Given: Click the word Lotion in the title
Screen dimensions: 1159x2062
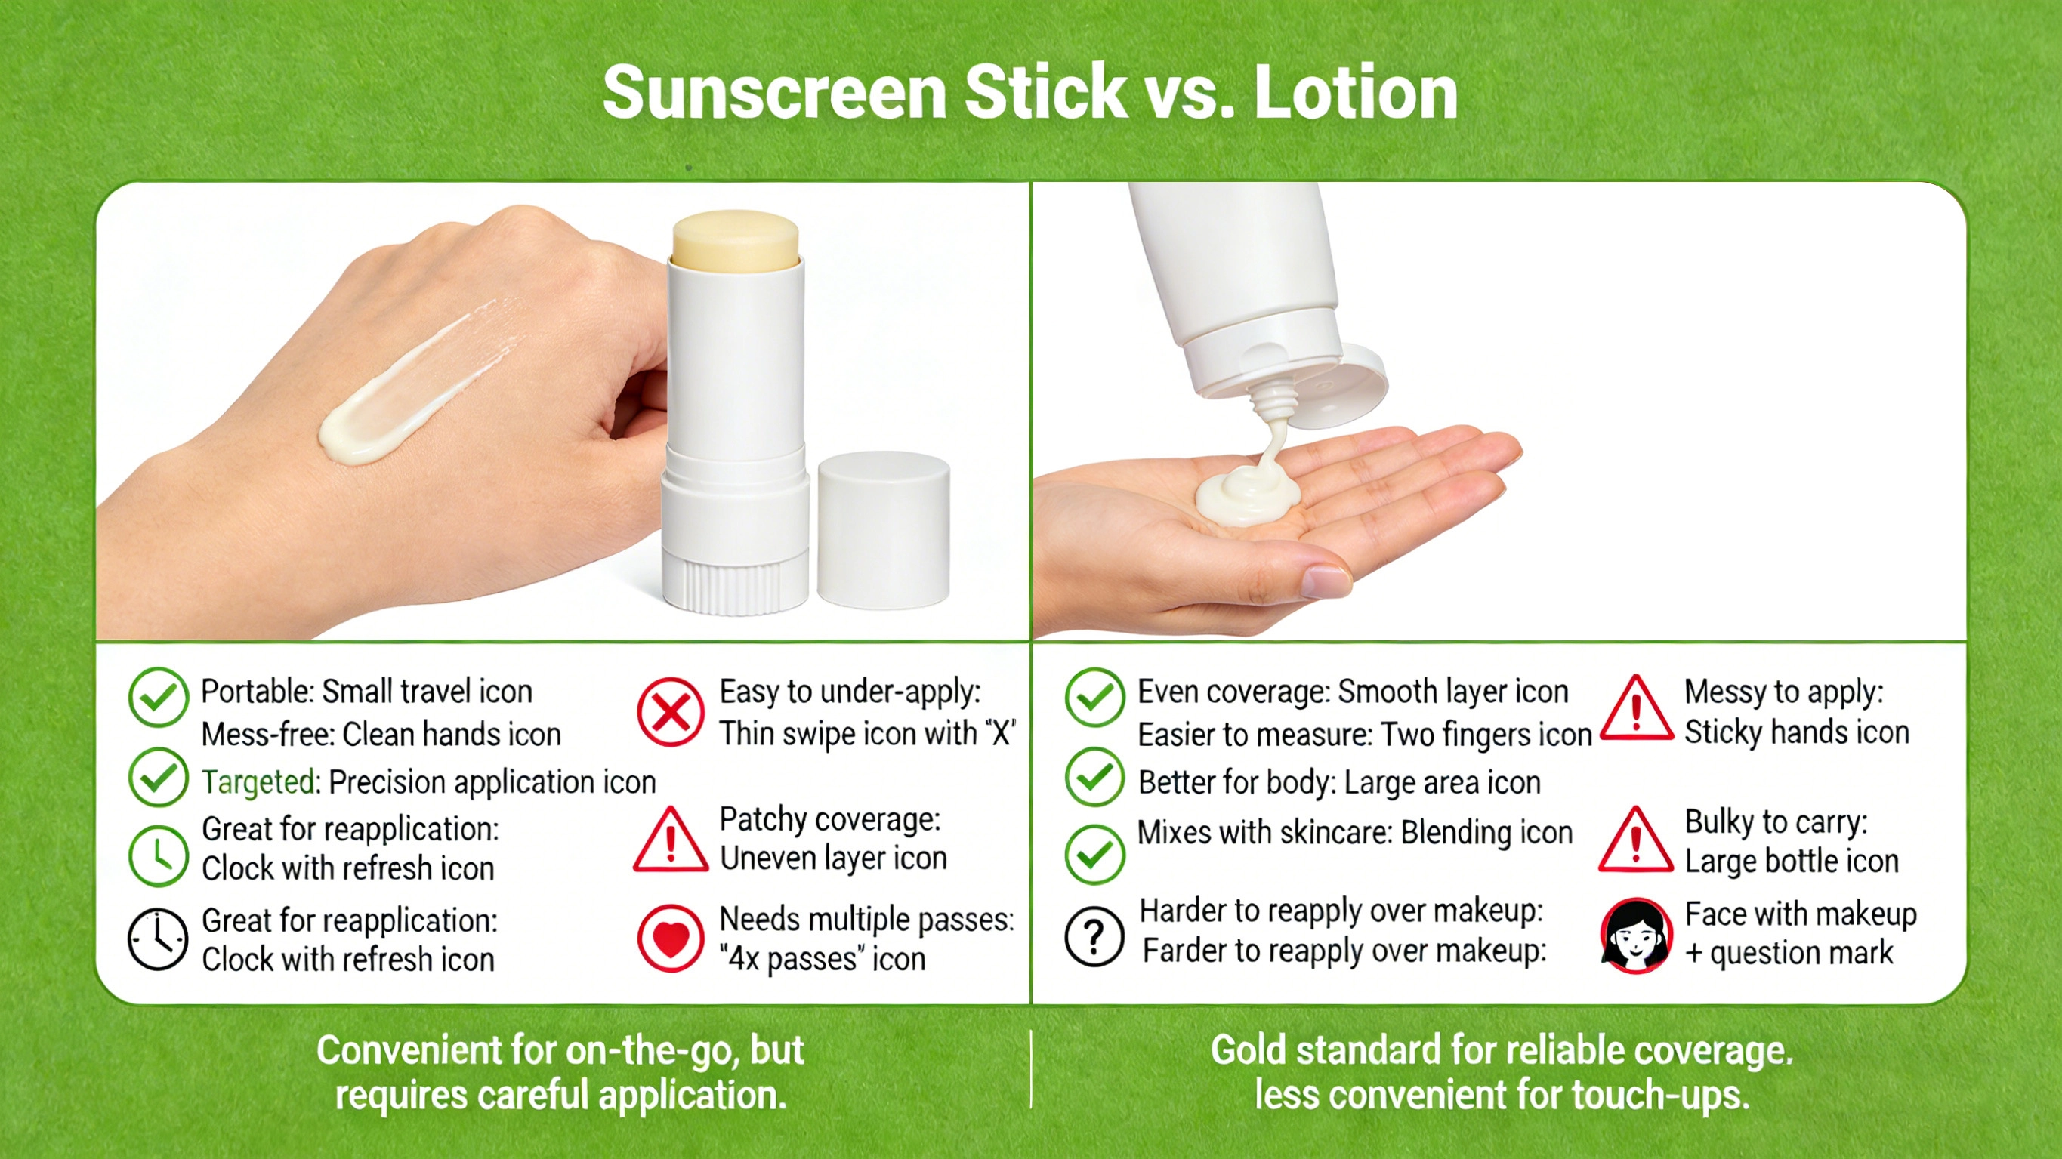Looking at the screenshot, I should coord(1355,93).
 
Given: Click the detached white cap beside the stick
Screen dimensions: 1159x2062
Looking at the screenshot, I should coord(884,530).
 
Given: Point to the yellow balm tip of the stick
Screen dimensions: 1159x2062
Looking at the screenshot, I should coord(736,237).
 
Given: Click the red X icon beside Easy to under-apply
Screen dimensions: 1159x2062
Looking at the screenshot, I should coord(671,711).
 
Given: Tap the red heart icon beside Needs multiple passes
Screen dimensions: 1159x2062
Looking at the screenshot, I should coord(671,938).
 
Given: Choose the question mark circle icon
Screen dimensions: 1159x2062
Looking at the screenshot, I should coord(1094,936).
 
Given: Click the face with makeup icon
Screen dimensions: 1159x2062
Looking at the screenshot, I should coord(1635,935).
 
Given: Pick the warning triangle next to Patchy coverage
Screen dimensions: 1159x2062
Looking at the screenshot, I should coord(671,840).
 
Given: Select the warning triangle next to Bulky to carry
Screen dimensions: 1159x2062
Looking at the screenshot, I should coord(1635,840).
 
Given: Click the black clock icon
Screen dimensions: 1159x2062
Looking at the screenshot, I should coord(158,939).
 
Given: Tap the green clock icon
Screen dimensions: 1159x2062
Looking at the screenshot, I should coord(158,855).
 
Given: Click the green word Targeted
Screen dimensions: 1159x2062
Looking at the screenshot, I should coord(258,782).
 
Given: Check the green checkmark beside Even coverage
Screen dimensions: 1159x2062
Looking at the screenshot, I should coord(1094,697).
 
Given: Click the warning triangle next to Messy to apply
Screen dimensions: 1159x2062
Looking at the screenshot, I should coord(1635,709).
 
